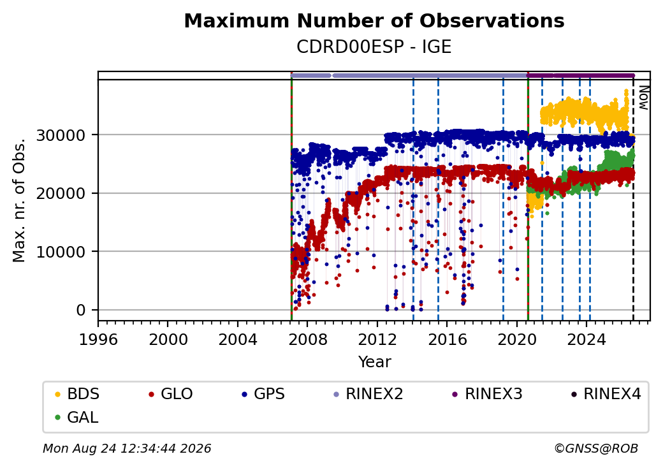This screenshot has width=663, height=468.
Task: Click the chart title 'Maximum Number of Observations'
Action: [x=374, y=20]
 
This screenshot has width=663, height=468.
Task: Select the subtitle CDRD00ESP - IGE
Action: [x=374, y=47]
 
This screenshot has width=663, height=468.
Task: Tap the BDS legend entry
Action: [x=77, y=394]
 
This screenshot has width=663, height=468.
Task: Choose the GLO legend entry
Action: [x=171, y=394]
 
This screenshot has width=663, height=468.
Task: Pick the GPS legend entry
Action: [x=263, y=394]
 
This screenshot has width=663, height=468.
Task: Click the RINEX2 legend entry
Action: [x=368, y=394]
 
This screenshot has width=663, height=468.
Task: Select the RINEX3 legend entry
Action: [x=488, y=394]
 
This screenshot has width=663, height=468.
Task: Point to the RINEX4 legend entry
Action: [x=606, y=394]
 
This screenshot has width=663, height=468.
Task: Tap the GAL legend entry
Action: [x=77, y=417]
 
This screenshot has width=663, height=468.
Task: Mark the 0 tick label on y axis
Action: [x=81, y=311]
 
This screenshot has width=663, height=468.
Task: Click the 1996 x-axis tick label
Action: [x=99, y=339]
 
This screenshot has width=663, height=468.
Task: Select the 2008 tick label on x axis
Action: [x=308, y=339]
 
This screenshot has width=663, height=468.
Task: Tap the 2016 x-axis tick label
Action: [x=448, y=339]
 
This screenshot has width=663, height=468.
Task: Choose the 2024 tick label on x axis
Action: [x=586, y=339]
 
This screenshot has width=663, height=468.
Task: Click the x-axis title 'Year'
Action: [x=375, y=362]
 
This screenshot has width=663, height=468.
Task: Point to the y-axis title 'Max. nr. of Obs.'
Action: [x=19, y=200]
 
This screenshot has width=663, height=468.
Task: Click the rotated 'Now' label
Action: [x=643, y=98]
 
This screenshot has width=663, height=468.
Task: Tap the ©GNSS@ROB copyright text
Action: [x=596, y=448]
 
